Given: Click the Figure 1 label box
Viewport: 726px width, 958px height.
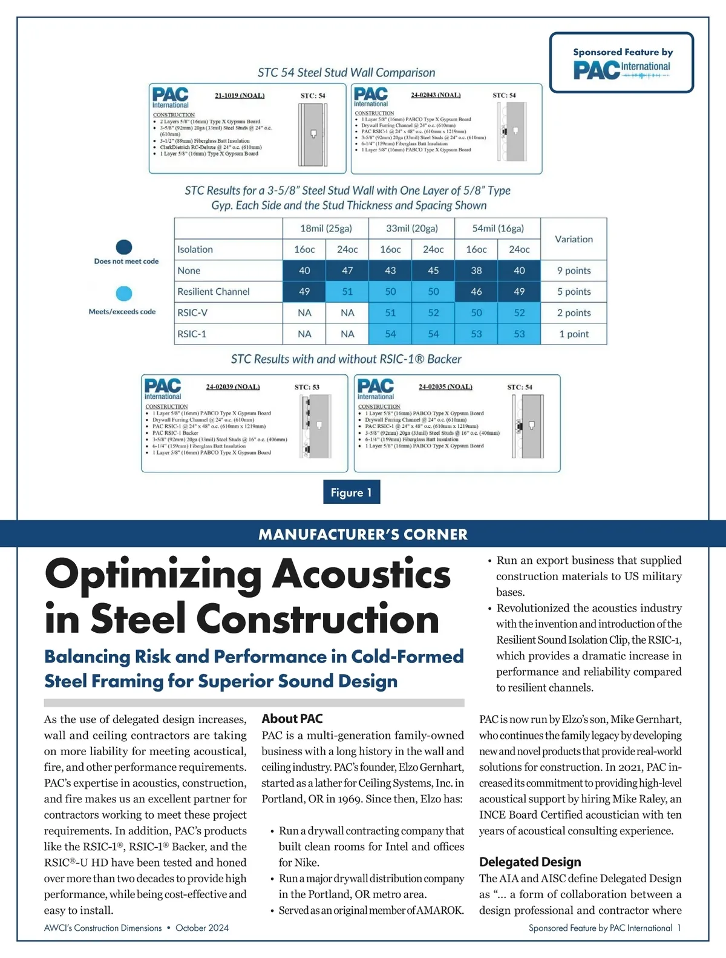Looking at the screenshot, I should [x=352, y=492].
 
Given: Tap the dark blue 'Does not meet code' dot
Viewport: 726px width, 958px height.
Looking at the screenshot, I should [x=124, y=247].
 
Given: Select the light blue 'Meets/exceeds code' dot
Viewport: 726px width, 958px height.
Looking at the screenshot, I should [x=124, y=294].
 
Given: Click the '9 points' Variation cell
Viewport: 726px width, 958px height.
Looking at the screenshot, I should [x=574, y=271].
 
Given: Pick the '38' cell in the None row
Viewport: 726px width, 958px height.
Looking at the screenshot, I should [x=476, y=271].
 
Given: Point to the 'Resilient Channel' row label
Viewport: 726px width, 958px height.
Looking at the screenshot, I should [x=214, y=291].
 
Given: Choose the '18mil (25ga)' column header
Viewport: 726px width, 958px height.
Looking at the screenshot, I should [x=325, y=228].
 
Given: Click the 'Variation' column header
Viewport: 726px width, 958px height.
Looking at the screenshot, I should [x=574, y=239].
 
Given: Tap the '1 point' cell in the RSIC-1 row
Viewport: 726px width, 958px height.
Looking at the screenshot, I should [x=574, y=334].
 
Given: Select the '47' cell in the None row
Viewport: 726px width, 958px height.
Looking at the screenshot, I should [x=347, y=271].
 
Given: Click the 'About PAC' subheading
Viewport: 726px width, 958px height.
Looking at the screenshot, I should [x=292, y=719].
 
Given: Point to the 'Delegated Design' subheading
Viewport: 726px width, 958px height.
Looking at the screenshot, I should [x=530, y=862].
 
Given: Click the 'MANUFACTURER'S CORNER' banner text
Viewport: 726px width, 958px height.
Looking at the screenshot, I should [x=363, y=534].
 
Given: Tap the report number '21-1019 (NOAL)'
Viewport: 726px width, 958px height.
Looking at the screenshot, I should [x=240, y=96].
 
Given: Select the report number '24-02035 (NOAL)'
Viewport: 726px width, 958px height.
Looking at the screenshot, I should [x=445, y=386].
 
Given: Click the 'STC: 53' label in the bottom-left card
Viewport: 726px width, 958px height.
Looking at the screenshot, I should [x=307, y=387].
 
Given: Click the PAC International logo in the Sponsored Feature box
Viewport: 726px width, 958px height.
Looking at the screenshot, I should [x=621, y=70].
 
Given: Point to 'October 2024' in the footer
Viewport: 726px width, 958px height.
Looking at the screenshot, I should [x=202, y=928].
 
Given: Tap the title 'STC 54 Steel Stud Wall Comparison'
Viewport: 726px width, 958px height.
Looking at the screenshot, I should [x=346, y=73].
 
